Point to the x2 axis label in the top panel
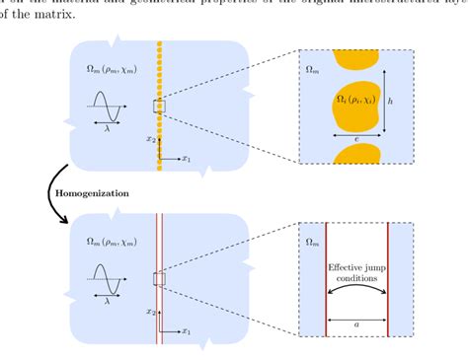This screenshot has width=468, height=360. click(x=150, y=139)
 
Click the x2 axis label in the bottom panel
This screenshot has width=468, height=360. click(x=150, y=311)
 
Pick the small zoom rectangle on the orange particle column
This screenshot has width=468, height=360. click(x=159, y=107)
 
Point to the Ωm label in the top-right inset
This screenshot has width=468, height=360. click(x=313, y=70)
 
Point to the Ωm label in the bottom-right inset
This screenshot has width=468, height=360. click(x=313, y=241)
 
